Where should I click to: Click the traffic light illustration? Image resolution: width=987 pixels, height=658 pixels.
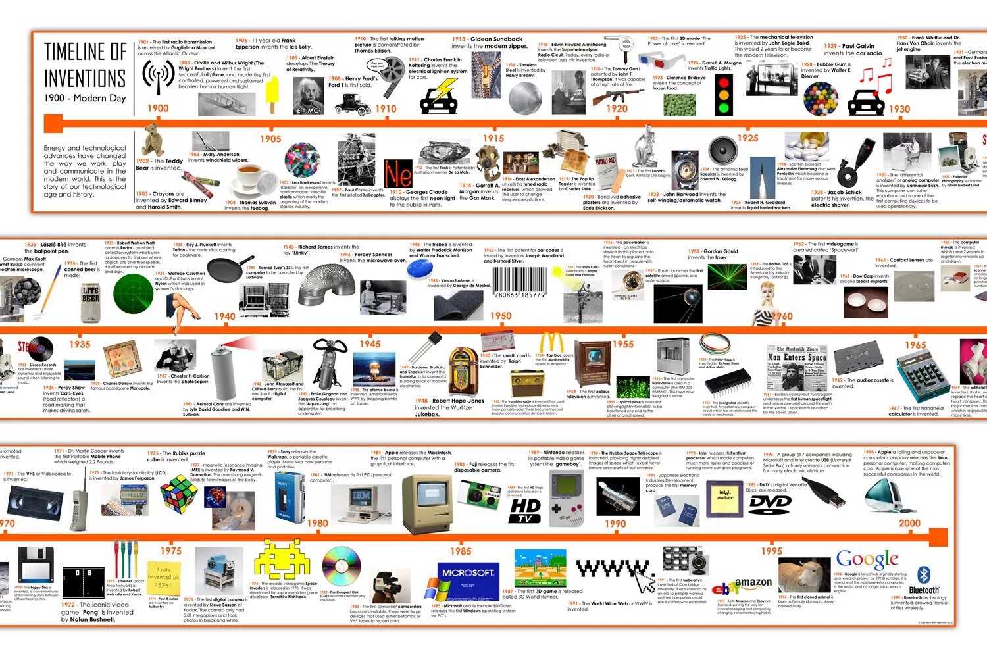724,95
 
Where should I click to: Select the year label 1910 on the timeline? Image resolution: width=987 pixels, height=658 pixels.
386,109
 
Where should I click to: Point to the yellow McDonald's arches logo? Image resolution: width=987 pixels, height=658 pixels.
551,343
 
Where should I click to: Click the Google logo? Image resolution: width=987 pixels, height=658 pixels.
867,559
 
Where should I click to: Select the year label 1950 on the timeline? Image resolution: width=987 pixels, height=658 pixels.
500,316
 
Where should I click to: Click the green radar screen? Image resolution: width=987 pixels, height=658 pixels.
132,293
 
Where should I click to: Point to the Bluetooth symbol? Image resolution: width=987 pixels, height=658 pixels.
924,574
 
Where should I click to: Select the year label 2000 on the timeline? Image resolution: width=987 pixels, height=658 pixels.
909,524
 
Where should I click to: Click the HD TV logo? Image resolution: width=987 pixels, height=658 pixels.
525,511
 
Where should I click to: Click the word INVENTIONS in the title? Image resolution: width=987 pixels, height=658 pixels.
85,78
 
